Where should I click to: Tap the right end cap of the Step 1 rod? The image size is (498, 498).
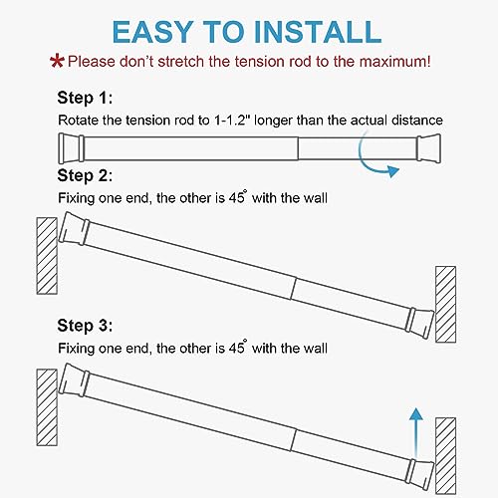[x=427, y=149]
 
